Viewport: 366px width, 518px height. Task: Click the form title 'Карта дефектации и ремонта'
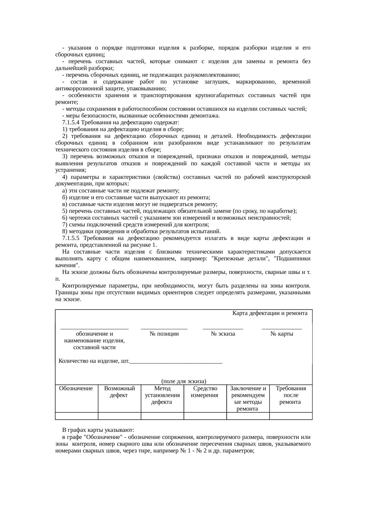(x=270, y=313)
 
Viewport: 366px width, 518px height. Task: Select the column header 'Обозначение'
(x=76, y=388)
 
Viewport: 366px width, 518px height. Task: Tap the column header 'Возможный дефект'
(x=119, y=392)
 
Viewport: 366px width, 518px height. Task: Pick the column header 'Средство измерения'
(x=205, y=392)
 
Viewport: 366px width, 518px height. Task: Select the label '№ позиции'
(x=164, y=334)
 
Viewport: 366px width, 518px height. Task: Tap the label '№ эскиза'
(x=223, y=334)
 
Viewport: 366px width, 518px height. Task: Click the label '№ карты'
(x=282, y=334)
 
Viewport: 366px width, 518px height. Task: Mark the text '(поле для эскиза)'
(x=183, y=381)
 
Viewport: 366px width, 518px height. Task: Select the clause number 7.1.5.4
(x=71, y=122)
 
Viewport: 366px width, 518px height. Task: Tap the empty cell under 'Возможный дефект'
(x=119, y=416)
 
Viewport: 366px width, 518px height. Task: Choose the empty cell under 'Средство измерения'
(x=205, y=416)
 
